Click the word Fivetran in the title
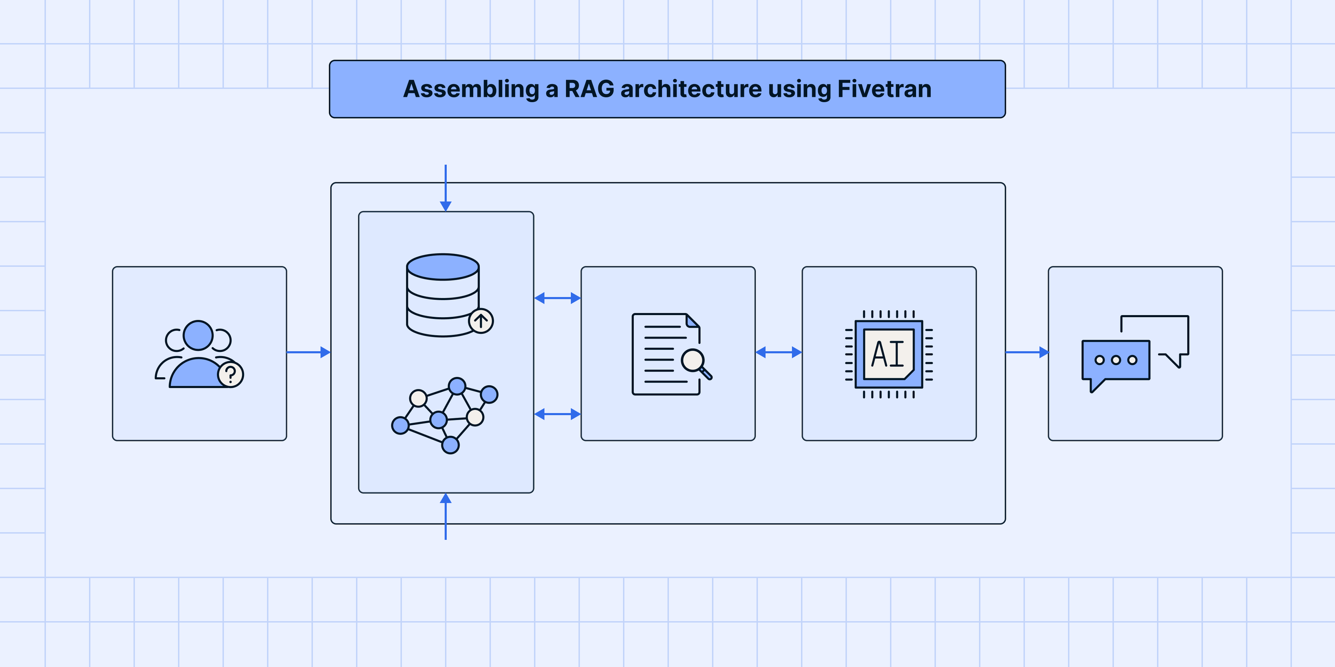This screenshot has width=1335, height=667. (884, 89)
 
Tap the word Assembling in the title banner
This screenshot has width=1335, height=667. (471, 89)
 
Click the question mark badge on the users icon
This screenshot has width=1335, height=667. (231, 374)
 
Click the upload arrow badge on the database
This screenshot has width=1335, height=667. (481, 321)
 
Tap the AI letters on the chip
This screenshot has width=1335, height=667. (888, 355)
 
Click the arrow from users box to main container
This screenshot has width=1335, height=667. (308, 352)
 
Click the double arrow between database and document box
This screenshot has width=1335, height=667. (557, 298)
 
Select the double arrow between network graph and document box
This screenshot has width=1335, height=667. (557, 414)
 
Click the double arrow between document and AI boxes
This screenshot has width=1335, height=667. (778, 352)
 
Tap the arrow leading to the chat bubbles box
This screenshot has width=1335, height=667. (1027, 352)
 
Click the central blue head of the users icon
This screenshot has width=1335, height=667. (198, 335)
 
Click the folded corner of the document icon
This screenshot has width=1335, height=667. (693, 321)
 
